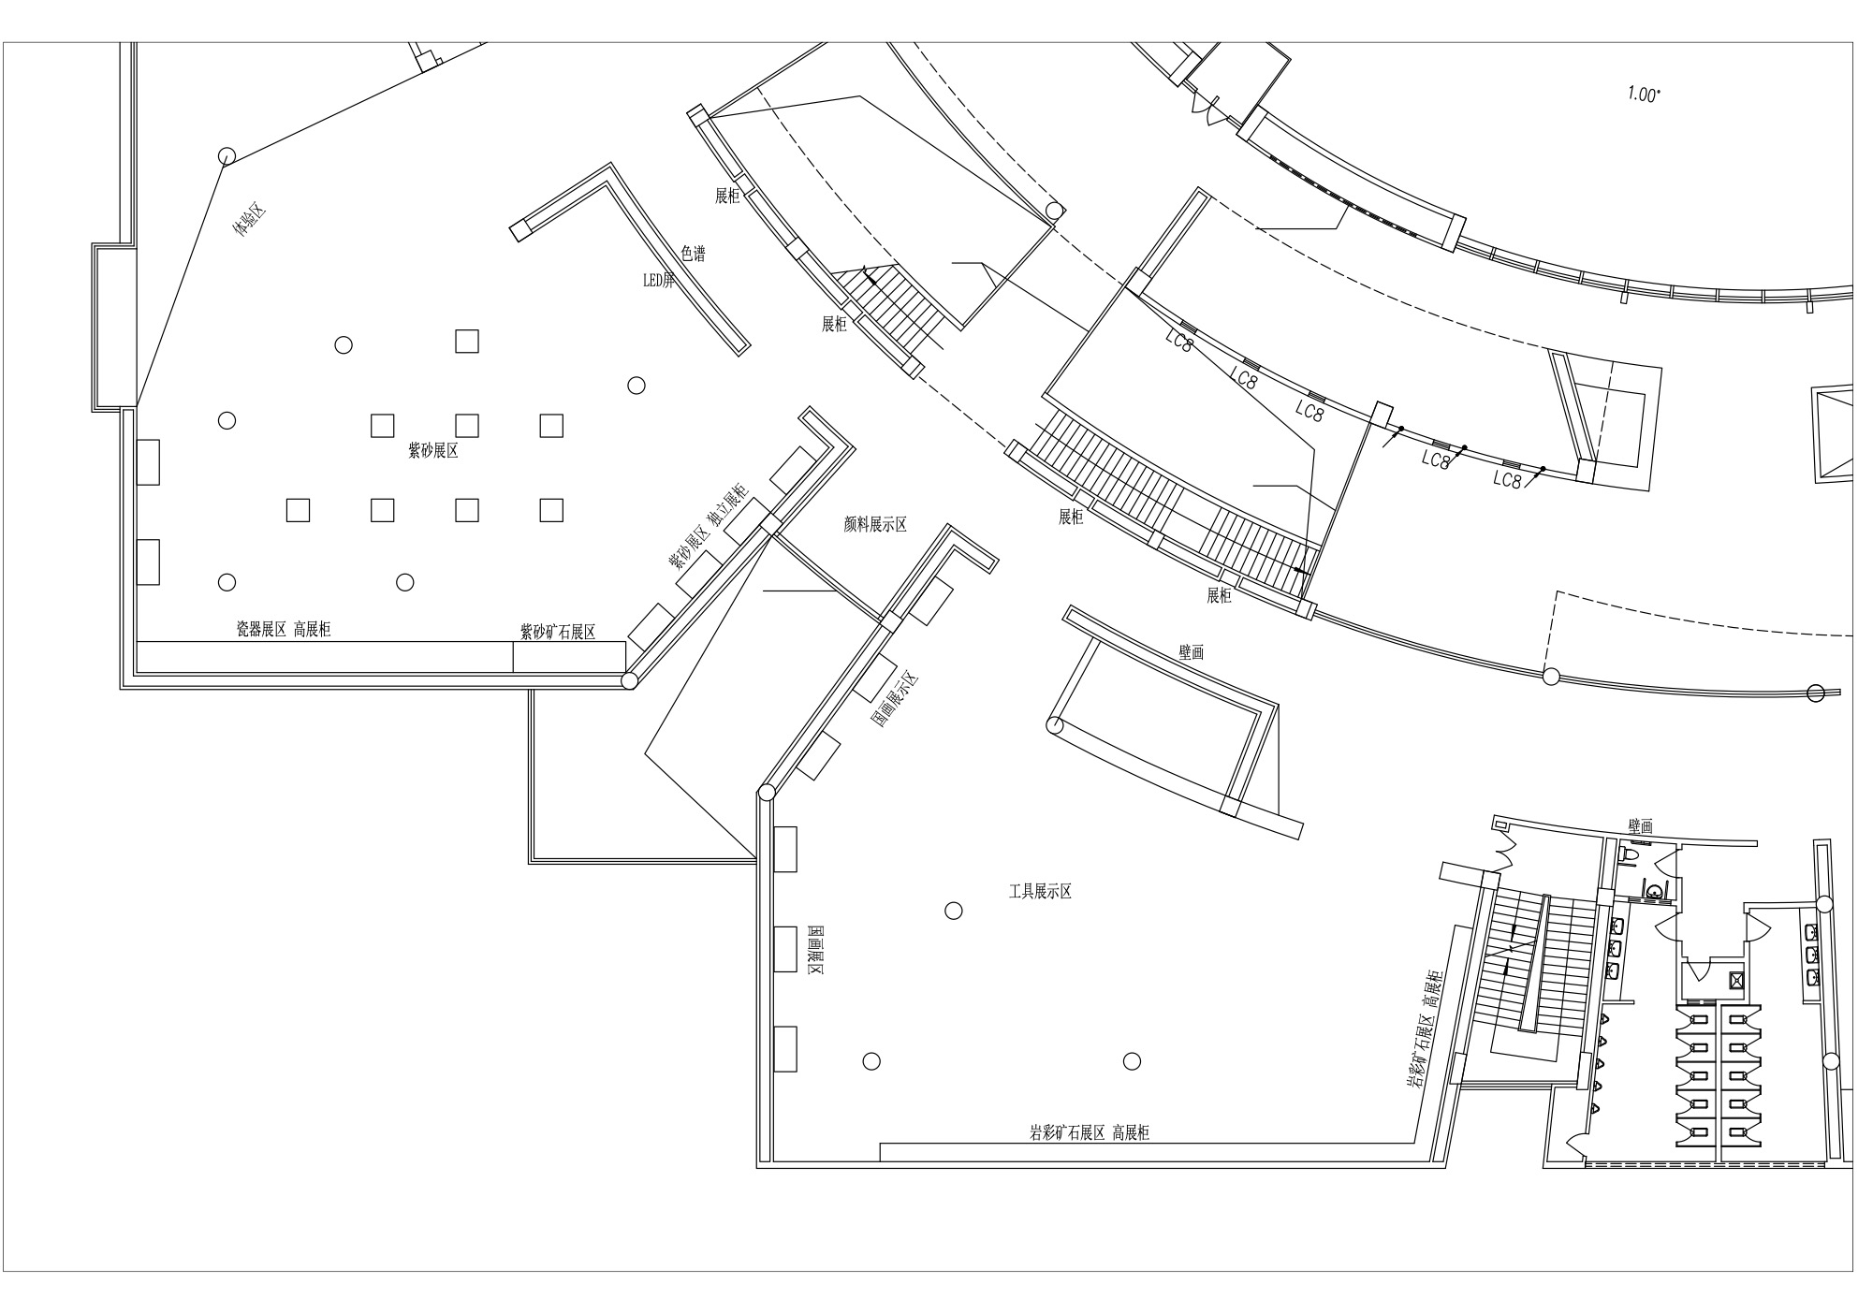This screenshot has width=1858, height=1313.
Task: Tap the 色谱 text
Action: tap(693, 254)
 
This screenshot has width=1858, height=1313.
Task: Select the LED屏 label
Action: tap(658, 279)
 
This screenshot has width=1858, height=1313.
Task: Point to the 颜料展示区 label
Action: tap(875, 524)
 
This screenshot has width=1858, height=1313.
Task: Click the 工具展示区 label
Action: tap(1040, 892)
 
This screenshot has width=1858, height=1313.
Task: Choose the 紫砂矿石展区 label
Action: tap(558, 633)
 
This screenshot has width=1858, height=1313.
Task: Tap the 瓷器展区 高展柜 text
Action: tap(284, 630)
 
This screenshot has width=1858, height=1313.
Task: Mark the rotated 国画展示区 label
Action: tap(896, 700)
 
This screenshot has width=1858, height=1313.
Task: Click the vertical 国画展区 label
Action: tap(814, 952)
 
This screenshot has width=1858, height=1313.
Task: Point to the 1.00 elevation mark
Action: tap(1644, 94)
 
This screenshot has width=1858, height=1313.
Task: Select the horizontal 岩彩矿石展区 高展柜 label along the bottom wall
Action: tap(1090, 1133)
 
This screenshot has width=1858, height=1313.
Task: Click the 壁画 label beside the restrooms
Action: tap(1641, 826)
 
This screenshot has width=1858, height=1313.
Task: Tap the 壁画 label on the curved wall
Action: tap(1192, 653)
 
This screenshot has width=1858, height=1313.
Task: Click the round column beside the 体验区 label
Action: tap(226, 155)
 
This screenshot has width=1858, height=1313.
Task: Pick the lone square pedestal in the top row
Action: tap(467, 341)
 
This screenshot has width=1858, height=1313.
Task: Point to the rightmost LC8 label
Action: tap(1508, 480)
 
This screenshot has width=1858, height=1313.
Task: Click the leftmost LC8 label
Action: tap(1180, 343)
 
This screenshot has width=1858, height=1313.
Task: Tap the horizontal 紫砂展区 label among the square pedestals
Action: tap(433, 451)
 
